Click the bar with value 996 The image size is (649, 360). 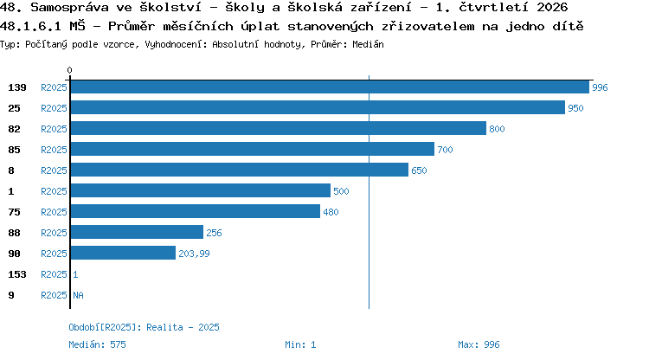(330, 87)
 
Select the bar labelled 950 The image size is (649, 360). (318, 107)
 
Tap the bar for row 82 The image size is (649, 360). (279, 128)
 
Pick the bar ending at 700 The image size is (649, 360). (253, 149)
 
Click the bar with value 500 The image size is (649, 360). (201, 190)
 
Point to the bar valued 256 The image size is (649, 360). (137, 232)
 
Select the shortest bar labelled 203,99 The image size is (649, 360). (124, 253)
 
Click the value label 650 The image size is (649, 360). (419, 170)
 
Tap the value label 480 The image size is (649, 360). (331, 212)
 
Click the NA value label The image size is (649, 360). (78, 295)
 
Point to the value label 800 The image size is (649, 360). (497, 129)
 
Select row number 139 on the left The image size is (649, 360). (17, 87)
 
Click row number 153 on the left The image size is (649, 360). (17, 274)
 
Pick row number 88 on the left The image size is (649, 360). (14, 233)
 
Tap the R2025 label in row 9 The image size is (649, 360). (54, 295)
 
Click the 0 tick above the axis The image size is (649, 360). (69, 70)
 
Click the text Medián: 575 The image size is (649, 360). (97, 344)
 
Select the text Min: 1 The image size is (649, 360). (300, 344)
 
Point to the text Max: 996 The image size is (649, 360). (479, 344)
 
